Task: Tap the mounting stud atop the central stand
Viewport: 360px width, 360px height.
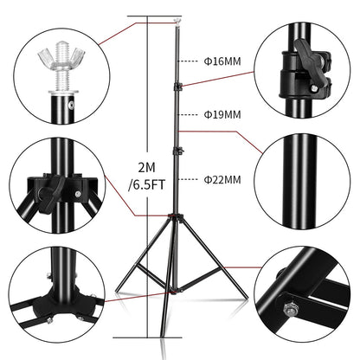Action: coord(177,17)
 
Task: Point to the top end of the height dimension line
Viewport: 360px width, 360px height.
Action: coord(158,15)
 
